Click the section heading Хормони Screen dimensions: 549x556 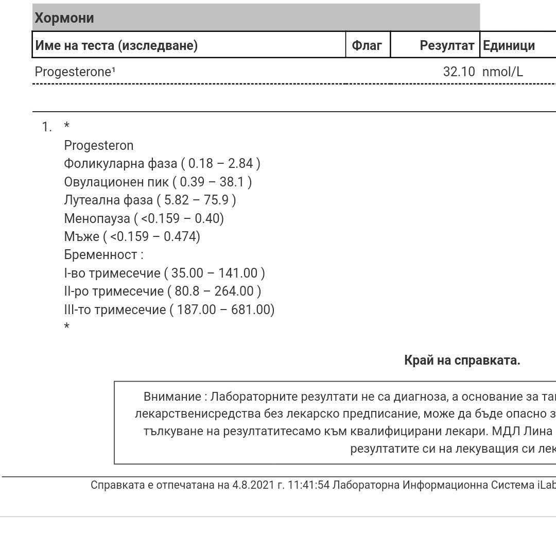[64, 18]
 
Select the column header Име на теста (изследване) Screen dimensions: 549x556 [116, 45]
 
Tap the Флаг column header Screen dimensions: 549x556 [367, 45]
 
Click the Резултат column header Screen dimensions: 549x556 [447, 45]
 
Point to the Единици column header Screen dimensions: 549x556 [509, 45]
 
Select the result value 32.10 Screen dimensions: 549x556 [459, 72]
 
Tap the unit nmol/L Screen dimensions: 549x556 [502, 72]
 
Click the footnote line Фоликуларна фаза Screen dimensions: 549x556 [162, 164]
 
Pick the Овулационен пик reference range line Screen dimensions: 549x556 [158, 182]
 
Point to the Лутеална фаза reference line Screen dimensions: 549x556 [150, 200]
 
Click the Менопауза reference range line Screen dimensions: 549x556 [144, 218]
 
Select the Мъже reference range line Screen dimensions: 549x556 [132, 236]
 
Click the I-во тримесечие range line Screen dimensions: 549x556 [165, 273]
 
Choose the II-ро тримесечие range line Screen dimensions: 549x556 [163, 291]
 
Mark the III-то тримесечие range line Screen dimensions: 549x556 [169, 310]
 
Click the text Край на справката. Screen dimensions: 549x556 [462, 361]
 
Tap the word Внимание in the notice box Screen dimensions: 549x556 [172, 397]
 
